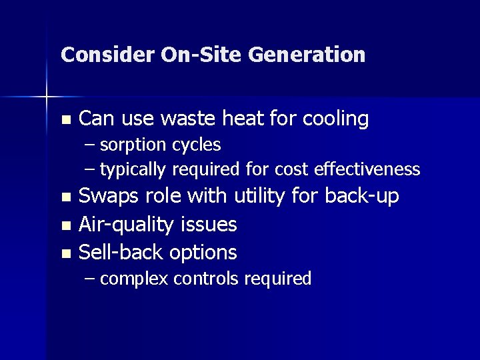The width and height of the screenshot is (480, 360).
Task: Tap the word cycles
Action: [x=197, y=145]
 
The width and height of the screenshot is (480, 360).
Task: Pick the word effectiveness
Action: [x=369, y=169]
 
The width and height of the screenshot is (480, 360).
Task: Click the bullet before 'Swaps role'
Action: [x=65, y=197]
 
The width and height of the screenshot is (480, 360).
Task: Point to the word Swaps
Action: [x=107, y=197]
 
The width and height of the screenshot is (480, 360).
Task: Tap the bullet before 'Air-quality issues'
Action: [x=65, y=226]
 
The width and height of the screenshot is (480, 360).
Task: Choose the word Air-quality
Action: [x=127, y=225]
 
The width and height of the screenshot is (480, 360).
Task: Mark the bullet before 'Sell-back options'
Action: [x=65, y=254]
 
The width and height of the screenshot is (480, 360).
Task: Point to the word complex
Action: [x=134, y=279]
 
